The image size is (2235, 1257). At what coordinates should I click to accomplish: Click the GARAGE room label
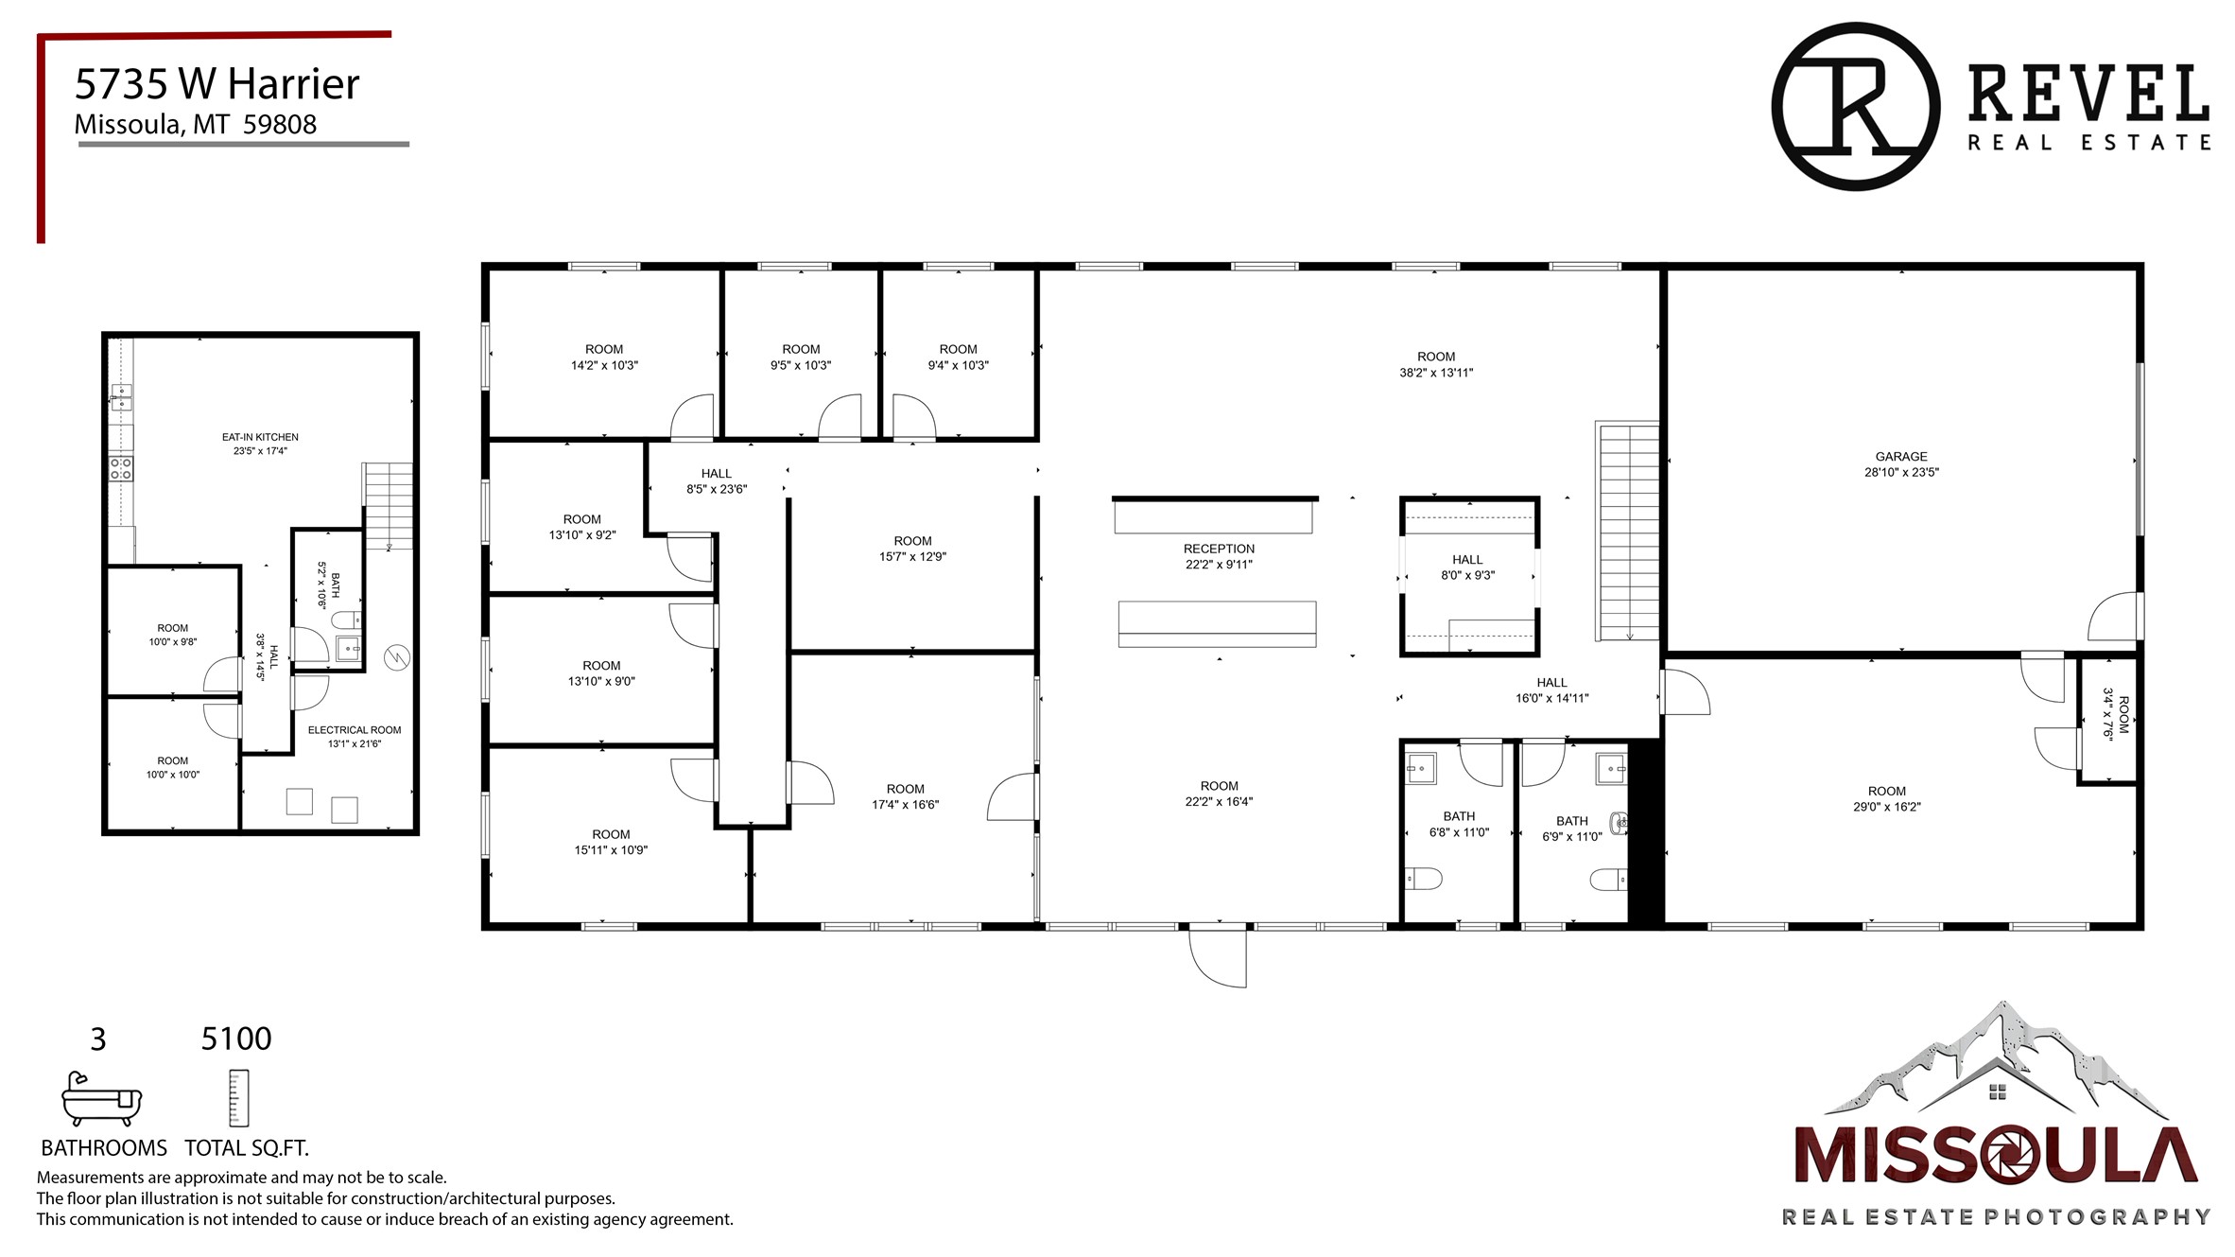(1900, 457)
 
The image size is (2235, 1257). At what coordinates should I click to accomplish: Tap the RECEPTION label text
(1219, 549)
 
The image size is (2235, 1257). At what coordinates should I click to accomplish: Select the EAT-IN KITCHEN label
(260, 437)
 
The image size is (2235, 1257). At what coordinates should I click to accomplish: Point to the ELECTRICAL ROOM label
(355, 730)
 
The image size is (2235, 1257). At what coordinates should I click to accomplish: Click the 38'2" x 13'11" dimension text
(1436, 373)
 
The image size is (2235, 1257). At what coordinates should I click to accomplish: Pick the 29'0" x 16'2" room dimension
(1887, 807)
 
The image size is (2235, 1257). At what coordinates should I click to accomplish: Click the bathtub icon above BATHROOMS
(101, 1098)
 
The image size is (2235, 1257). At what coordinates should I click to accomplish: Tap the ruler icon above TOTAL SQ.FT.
(238, 1098)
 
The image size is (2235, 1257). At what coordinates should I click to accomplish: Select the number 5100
(236, 1039)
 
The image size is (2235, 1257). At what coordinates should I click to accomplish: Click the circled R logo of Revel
(1855, 107)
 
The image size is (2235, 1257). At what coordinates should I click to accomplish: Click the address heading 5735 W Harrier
(217, 84)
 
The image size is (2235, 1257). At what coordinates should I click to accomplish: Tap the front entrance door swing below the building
(1218, 956)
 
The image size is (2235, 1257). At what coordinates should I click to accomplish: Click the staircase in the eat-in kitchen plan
(388, 506)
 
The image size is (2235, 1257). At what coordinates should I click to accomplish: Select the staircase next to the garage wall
(1627, 532)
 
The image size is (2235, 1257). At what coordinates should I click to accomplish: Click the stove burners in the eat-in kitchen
(121, 468)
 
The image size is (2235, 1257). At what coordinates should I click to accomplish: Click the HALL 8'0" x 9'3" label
(1467, 567)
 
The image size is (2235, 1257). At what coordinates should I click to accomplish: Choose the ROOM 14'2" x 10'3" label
(604, 358)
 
